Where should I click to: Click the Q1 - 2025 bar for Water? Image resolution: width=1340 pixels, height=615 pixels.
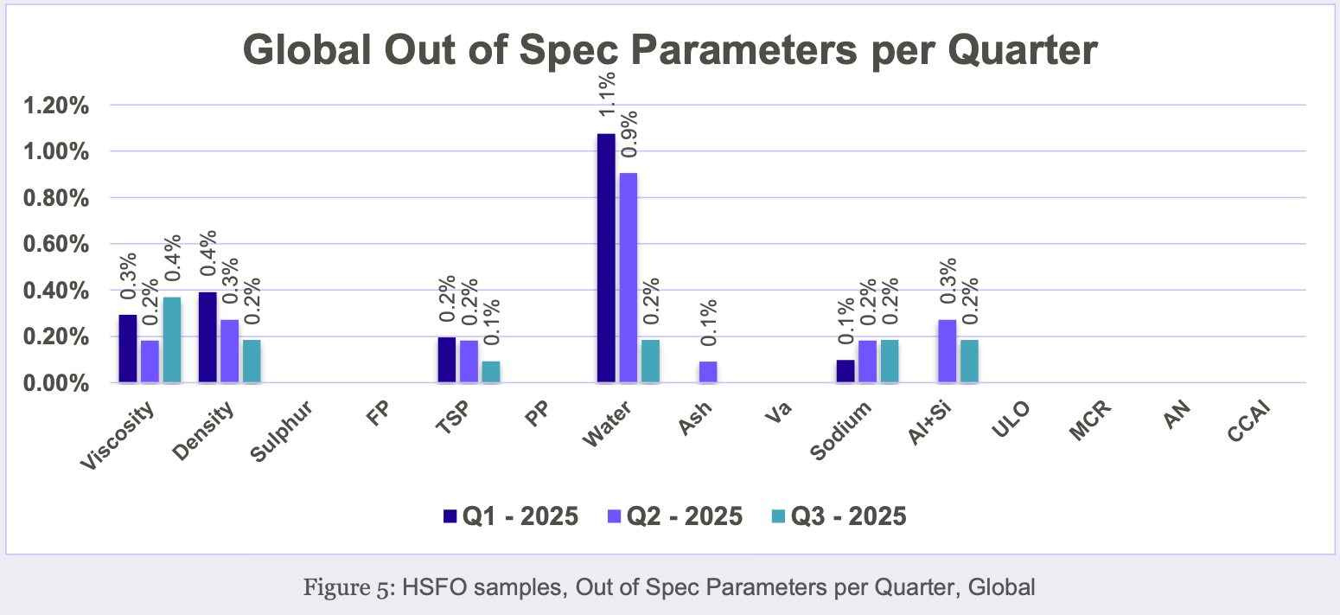606,258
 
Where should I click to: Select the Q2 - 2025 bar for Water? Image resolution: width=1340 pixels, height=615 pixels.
629,278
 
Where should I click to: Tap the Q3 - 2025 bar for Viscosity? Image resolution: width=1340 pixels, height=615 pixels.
172,340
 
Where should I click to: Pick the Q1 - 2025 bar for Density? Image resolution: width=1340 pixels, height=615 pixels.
207,337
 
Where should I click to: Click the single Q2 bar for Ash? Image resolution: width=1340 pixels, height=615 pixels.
708,372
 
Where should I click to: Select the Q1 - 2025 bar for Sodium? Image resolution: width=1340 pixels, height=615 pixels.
845,371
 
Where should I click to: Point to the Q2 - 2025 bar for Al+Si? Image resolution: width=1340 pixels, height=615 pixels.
947,351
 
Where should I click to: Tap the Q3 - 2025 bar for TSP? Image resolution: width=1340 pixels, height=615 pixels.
491,372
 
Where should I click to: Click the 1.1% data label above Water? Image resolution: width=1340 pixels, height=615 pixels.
606,94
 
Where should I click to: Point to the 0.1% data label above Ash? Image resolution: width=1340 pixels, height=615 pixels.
708,323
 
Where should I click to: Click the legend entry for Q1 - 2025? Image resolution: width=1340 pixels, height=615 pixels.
511,516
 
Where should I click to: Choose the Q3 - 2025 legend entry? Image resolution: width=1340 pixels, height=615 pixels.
839,516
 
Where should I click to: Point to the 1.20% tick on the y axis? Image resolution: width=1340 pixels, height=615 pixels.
56,106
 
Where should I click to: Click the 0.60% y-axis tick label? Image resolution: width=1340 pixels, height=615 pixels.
56,245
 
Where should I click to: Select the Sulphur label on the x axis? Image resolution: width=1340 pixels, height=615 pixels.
281,432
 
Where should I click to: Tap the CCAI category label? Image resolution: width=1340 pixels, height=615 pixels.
1248,422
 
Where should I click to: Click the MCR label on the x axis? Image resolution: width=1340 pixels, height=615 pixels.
1090,420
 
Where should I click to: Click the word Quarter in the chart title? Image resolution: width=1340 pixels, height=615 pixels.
1023,49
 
